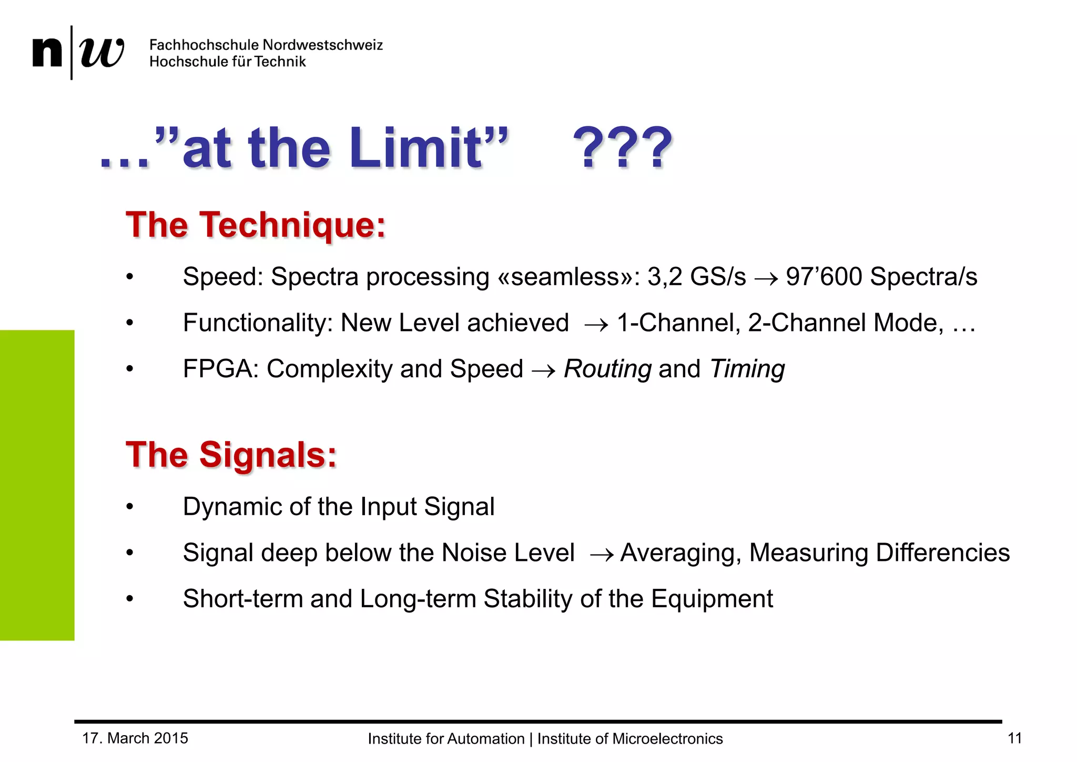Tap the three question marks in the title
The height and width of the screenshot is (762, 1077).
[623, 149]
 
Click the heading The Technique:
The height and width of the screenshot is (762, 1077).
[256, 225]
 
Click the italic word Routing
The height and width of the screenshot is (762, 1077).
[607, 369]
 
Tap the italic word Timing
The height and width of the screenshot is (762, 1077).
[747, 369]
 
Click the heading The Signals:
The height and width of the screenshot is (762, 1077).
[231, 455]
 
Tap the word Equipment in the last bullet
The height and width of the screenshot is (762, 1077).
[712, 599]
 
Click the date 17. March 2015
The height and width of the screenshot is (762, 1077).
[135, 738]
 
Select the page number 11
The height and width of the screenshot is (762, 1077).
[1014, 738]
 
